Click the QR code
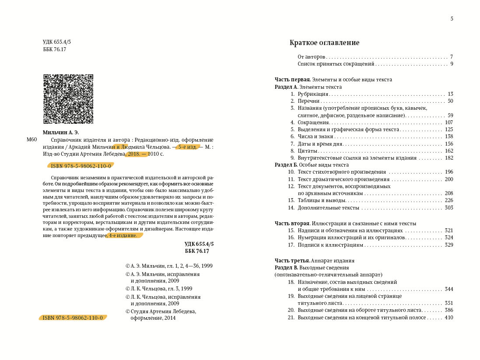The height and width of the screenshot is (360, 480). tap(68, 99)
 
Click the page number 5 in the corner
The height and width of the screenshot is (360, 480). tap(452, 18)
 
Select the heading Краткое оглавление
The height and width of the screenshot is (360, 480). tap(324, 43)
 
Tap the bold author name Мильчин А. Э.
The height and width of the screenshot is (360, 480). tap(61, 132)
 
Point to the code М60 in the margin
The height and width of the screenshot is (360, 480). tap(32, 140)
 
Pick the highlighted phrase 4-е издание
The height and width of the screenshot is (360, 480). tap(125, 235)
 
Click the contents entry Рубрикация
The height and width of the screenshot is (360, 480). tap(313, 94)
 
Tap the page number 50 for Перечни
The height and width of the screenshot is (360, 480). tap(450, 101)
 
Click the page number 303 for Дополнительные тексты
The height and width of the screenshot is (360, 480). tap(448, 207)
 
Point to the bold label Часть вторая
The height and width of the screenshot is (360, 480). tap(292, 223)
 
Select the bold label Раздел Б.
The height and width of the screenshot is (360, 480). tap(286, 165)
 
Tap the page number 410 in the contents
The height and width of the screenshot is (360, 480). tap(448, 318)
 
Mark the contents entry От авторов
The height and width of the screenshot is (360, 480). tap(312, 57)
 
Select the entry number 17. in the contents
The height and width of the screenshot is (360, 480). tap(291, 245)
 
